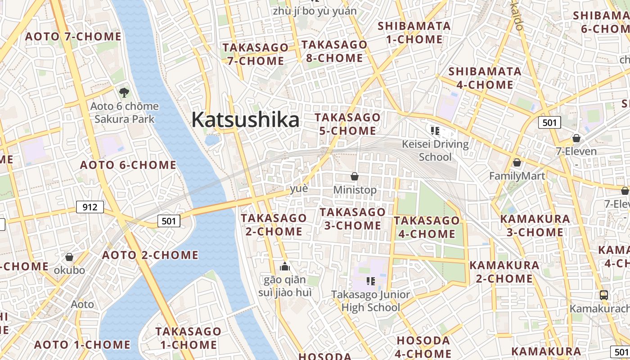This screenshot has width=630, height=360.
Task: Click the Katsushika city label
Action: point(245,120)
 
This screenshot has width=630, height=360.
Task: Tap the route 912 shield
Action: point(90,207)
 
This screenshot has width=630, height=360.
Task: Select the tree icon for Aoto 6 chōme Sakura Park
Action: point(124,93)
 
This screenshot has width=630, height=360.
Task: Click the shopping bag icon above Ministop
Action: point(355,176)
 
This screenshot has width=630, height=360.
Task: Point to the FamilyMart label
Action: point(517,176)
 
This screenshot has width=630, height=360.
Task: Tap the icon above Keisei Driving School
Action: point(435,131)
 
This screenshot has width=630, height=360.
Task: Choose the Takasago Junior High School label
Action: point(371,301)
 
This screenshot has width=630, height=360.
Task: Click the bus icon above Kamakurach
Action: point(604,295)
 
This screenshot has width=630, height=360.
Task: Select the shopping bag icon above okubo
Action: point(69,257)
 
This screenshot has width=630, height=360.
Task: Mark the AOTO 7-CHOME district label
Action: point(73,36)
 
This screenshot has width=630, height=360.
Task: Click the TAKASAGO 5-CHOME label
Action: point(347,124)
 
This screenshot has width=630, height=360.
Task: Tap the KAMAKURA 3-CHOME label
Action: point(535,225)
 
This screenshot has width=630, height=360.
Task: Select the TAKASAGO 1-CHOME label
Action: point(189,338)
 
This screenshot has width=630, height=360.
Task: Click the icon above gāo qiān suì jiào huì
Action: point(284,267)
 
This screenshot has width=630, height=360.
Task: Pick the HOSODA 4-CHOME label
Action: point(423,347)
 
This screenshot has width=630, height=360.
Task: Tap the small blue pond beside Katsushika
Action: point(212,139)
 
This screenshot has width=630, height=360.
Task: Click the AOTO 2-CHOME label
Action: point(150,255)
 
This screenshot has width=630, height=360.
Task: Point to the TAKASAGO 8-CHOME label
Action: point(334,51)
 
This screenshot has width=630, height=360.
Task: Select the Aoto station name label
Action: point(83,304)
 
